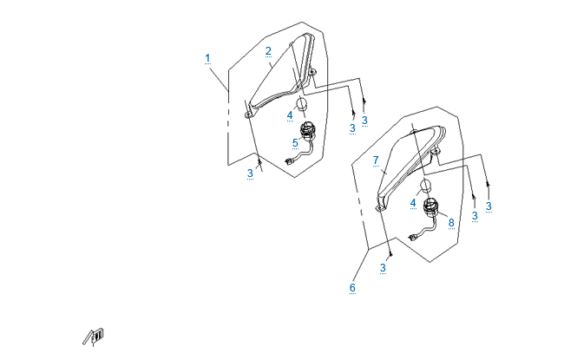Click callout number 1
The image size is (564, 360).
pyautogui.click(x=207, y=58)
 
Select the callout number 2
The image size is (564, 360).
pyautogui.click(x=268, y=51)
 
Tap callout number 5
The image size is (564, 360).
pyautogui.click(x=295, y=143)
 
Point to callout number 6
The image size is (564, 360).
pyautogui.click(x=352, y=287)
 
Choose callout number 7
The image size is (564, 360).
pyautogui.click(x=377, y=160)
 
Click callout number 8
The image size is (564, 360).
pyautogui.click(x=451, y=223)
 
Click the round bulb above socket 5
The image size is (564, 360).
pyautogui.click(x=301, y=104)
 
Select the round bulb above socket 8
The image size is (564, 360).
pyautogui.click(x=425, y=186)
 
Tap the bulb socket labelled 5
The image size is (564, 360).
pyautogui.click(x=307, y=131)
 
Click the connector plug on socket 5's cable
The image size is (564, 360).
pyautogui.click(x=288, y=162)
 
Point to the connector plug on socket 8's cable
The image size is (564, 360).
pyautogui.click(x=412, y=237)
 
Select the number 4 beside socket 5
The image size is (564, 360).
pyautogui.click(x=290, y=115)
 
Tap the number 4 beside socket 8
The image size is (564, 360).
pyautogui.click(x=413, y=203)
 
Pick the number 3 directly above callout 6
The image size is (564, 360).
pyautogui.click(x=383, y=267)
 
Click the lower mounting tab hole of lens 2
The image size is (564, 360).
pyautogui.click(x=248, y=115)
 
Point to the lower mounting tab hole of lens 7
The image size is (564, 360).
pyautogui.click(x=378, y=208)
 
